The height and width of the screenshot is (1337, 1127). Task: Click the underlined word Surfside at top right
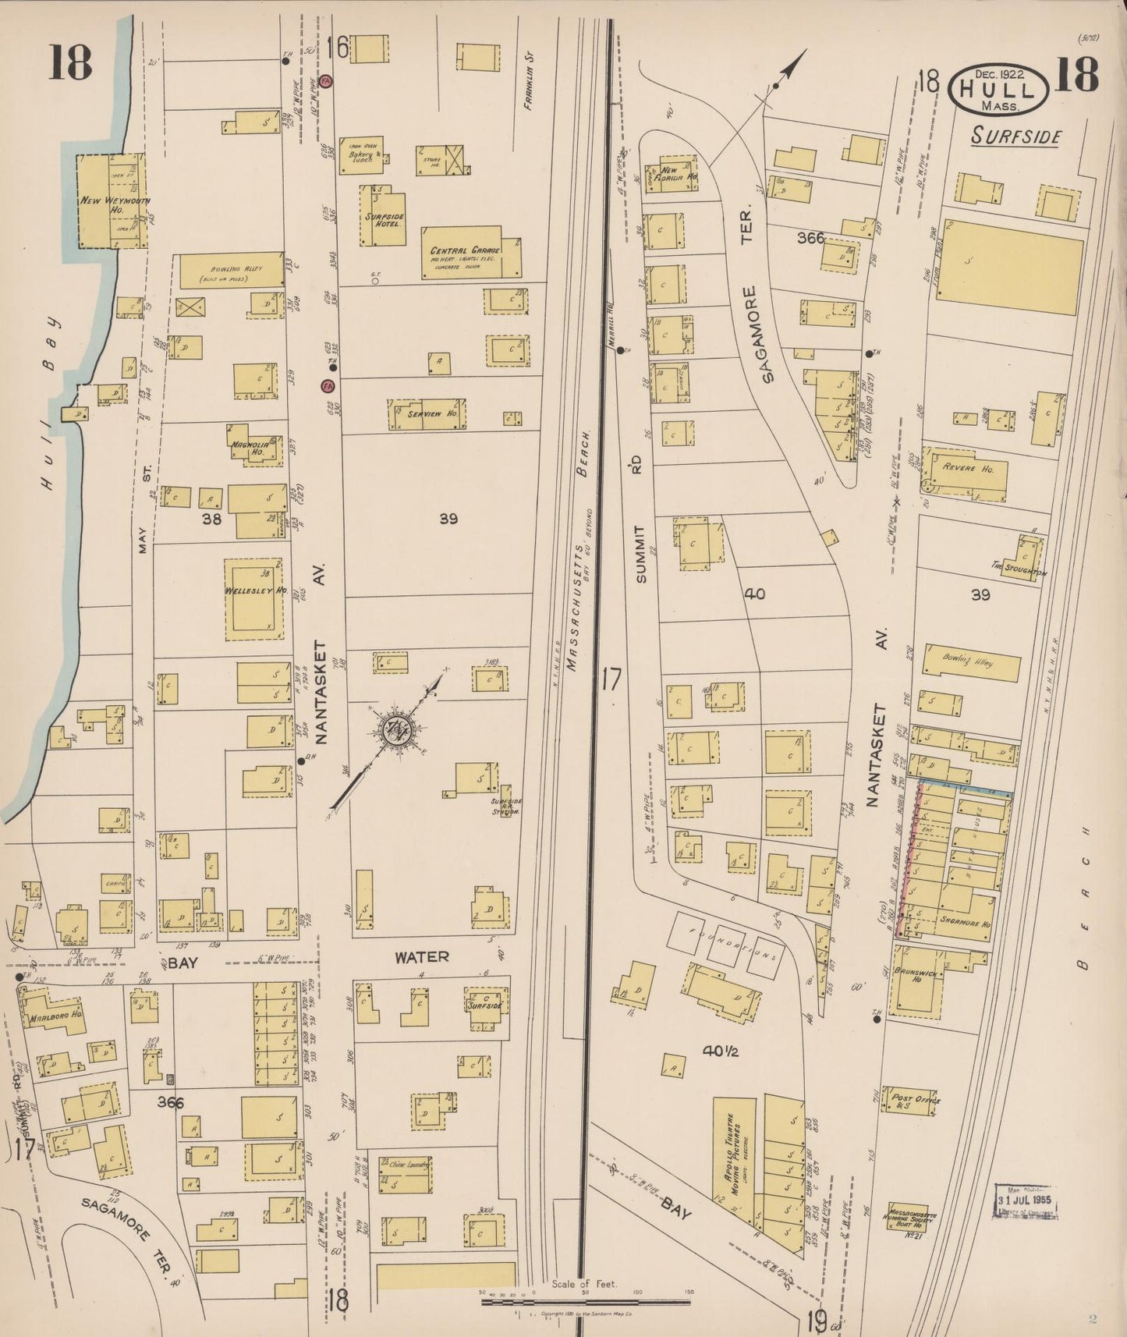point(1016,137)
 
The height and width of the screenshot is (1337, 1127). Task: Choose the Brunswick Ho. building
point(916,980)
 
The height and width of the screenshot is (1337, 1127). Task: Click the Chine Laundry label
point(403,1164)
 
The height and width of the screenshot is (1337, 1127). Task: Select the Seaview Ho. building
point(428,414)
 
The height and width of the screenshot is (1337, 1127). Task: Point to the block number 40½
point(720,1051)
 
